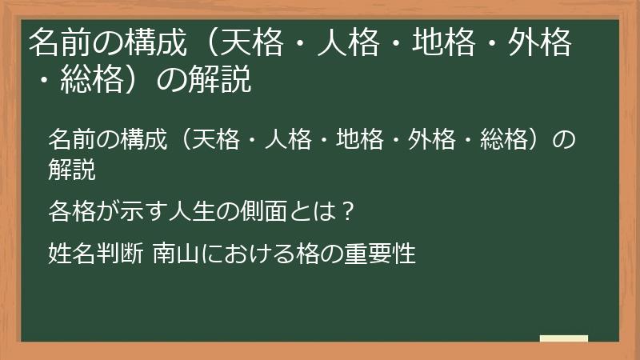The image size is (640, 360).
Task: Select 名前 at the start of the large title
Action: click(57, 45)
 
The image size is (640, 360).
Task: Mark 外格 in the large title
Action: click(542, 45)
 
